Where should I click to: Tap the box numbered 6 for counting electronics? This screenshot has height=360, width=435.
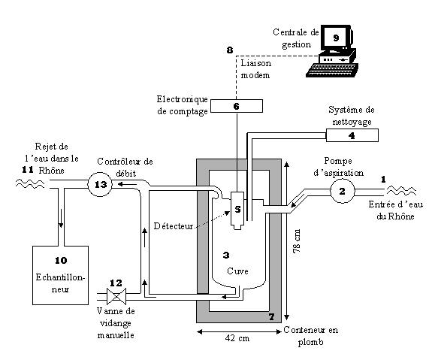237,106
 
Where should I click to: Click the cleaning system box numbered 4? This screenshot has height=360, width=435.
352,135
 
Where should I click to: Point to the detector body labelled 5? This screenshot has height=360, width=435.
237,210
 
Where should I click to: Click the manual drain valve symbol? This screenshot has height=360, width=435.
116,296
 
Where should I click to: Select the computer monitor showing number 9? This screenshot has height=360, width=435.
337,38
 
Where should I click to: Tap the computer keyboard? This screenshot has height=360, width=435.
332,70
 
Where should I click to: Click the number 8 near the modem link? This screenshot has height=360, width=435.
230,50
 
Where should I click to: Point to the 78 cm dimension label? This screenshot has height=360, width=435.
297,241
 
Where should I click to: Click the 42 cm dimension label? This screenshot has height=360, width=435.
237,338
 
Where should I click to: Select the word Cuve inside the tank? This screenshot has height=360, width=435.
237,271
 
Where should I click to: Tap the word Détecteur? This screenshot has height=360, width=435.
174,226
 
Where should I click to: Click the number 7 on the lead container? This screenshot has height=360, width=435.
272,316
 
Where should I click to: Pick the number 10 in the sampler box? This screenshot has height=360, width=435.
61,260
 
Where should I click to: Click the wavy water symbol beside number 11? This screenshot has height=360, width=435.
30,183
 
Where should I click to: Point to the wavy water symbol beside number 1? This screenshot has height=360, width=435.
401,191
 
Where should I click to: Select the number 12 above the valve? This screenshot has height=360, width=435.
116,283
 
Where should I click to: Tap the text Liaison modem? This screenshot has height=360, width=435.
255,69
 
